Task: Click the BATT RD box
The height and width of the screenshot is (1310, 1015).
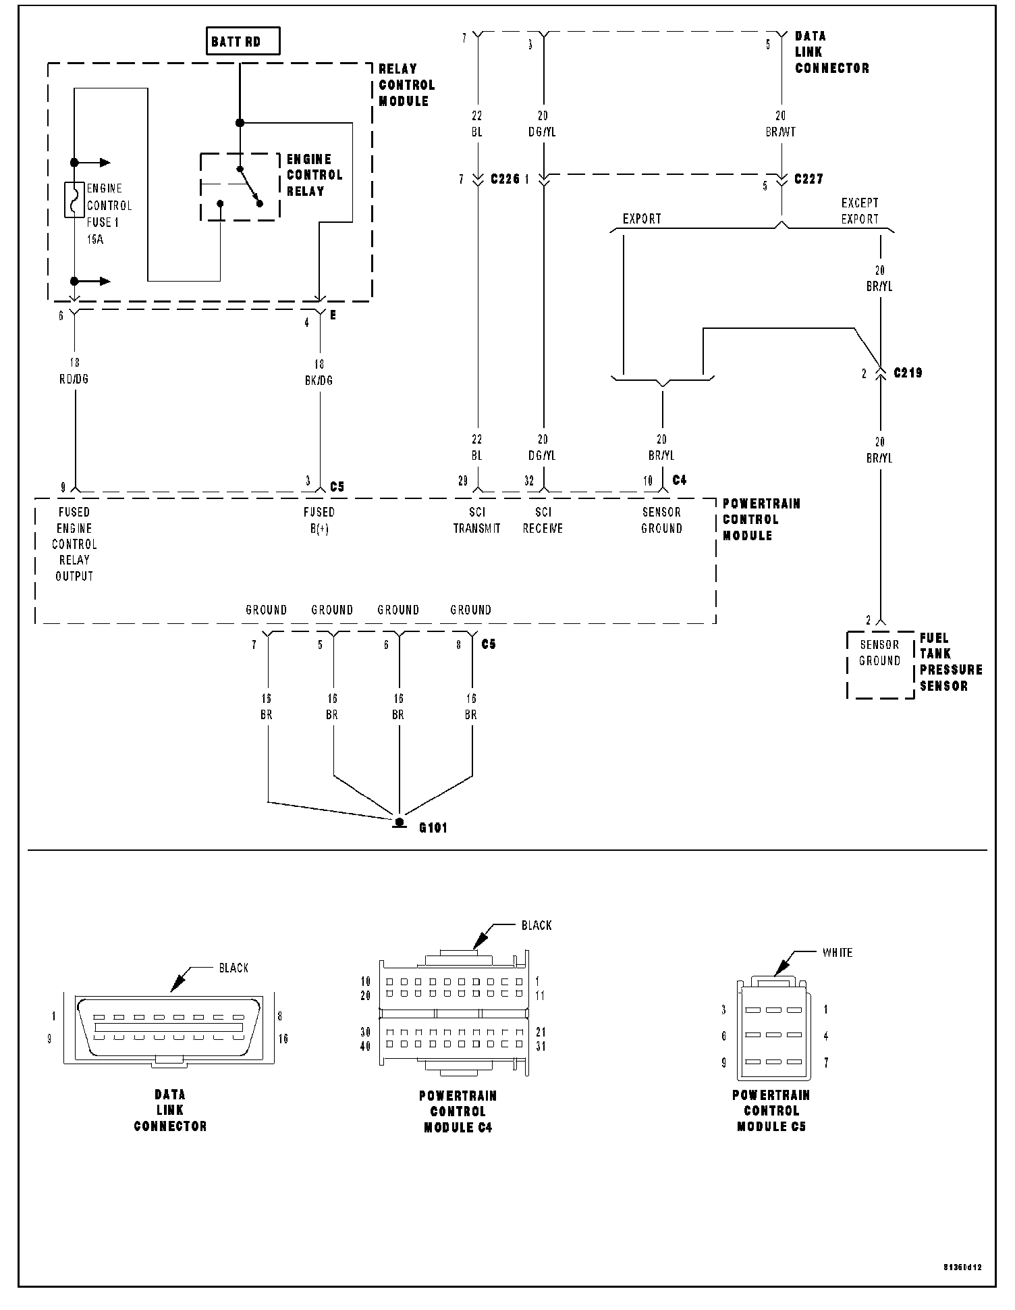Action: click(x=242, y=42)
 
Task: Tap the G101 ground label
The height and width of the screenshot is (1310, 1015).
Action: click(x=433, y=827)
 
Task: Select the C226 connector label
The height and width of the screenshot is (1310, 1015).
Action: click(x=505, y=180)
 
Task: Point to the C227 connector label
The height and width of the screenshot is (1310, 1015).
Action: click(x=808, y=180)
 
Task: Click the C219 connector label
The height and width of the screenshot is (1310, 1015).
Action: click(x=908, y=373)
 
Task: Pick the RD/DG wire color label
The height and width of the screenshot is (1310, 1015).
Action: click(x=74, y=379)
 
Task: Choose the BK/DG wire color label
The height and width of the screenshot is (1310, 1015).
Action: click(x=319, y=381)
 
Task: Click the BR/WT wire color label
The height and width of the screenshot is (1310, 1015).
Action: click(x=781, y=132)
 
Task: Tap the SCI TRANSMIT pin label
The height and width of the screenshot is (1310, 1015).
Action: click(x=476, y=521)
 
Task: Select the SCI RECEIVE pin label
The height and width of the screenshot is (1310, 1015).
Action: click(x=543, y=521)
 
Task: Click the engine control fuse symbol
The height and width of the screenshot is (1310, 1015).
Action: click(x=74, y=200)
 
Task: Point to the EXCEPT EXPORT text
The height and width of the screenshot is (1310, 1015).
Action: click(x=860, y=211)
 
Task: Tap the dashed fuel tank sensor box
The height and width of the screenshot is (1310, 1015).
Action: click(x=880, y=664)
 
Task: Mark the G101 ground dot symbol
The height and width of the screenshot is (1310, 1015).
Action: click(x=400, y=822)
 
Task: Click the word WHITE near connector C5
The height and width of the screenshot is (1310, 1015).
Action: click(x=837, y=953)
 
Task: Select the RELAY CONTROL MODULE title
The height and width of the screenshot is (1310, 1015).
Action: click(x=406, y=85)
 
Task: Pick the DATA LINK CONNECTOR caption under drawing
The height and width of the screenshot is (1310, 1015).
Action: click(x=170, y=1110)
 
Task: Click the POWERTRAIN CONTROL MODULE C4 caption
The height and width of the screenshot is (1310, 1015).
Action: click(x=458, y=1111)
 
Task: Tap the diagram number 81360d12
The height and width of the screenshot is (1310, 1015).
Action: click(x=962, y=1267)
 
